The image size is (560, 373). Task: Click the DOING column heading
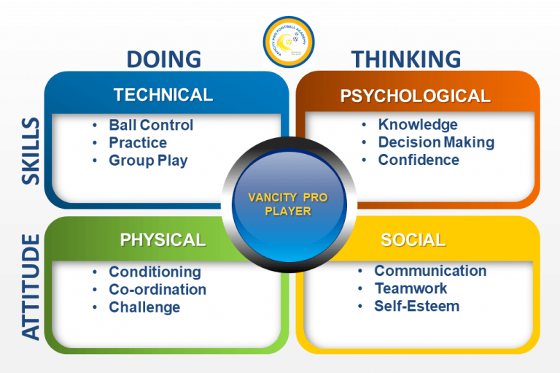pyautogui.click(x=163, y=58)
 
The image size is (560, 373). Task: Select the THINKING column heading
pyautogui.click(x=406, y=58)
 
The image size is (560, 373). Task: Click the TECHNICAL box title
pyautogui.click(x=163, y=95)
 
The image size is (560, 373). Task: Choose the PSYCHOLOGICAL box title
pyautogui.click(x=416, y=96)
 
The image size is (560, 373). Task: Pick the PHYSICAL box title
pyautogui.click(x=163, y=239)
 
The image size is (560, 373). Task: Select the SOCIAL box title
pyautogui.click(x=413, y=240)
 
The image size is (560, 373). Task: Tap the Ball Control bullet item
pyautogui.click(x=151, y=125)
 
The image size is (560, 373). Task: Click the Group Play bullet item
pyautogui.click(x=148, y=161)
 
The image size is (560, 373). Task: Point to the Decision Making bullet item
pyautogui.click(x=436, y=142)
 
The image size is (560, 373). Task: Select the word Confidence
pyautogui.click(x=419, y=160)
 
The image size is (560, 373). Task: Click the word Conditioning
pyautogui.click(x=155, y=272)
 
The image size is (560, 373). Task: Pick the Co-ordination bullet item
pyautogui.click(x=157, y=289)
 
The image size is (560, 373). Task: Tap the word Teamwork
pyautogui.click(x=411, y=288)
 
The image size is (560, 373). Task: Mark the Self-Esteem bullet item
pyautogui.click(x=416, y=306)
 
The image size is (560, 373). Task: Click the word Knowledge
pyautogui.click(x=418, y=125)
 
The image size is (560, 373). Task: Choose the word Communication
pyautogui.click(x=430, y=271)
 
